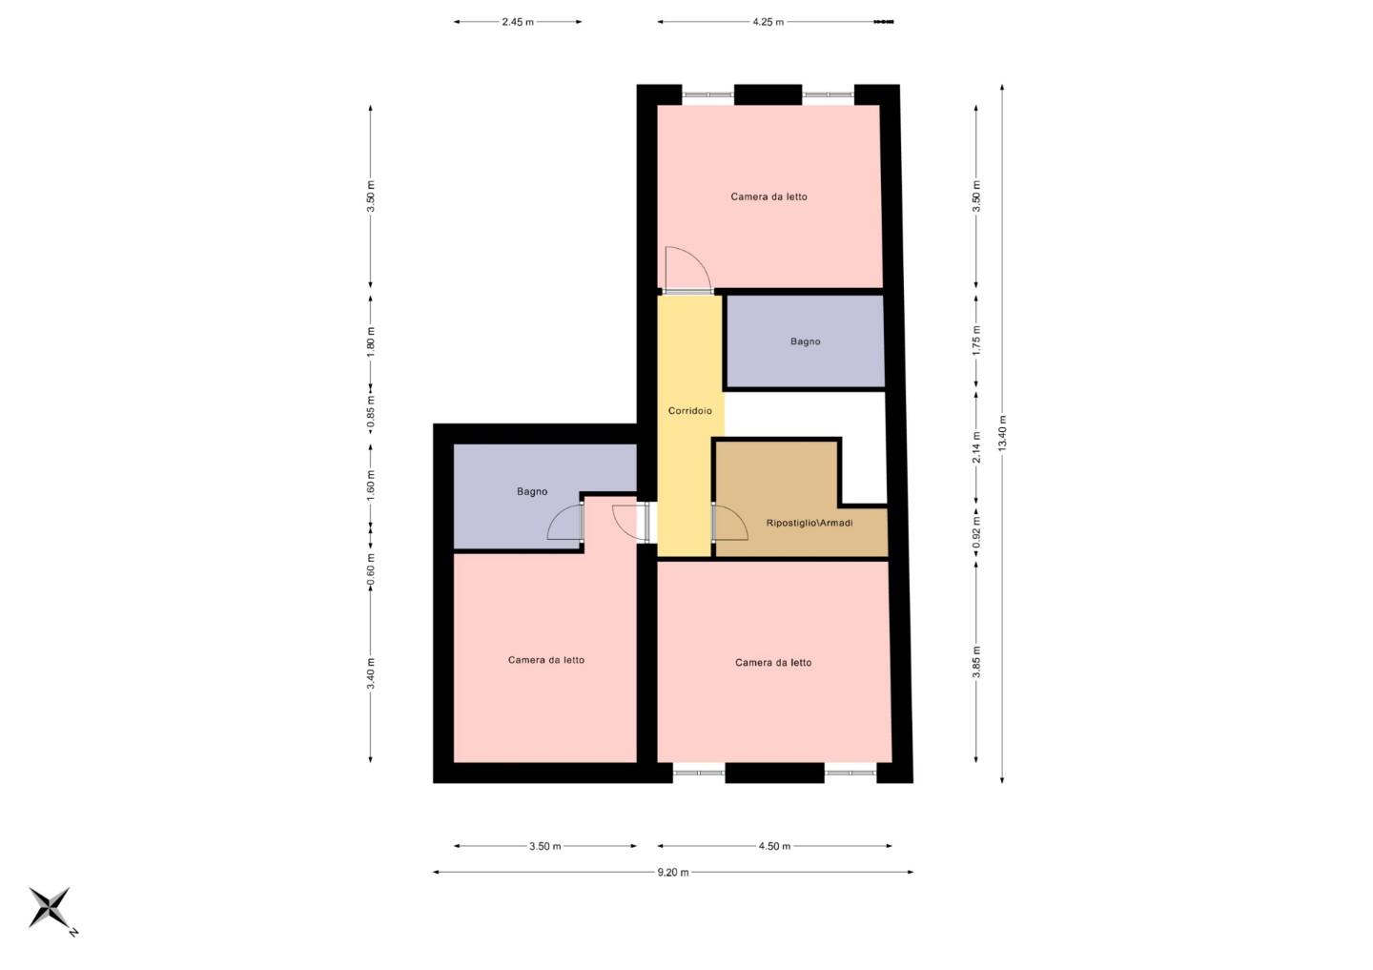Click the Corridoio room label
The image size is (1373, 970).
point(689,411)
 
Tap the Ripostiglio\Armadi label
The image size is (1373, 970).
point(809,523)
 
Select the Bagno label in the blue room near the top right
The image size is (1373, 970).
point(805,341)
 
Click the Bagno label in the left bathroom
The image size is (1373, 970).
point(532,492)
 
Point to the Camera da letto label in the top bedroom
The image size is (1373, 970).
point(768,197)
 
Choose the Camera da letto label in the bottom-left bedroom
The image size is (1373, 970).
point(546,660)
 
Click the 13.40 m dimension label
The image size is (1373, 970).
point(1002,434)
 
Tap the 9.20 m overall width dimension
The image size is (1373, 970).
point(672,872)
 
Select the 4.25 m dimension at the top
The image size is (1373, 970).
point(768,22)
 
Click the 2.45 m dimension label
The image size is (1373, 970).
point(518,22)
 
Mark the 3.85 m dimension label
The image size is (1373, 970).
point(976,662)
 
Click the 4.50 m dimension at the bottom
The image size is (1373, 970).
point(774,846)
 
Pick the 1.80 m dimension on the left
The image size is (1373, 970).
point(371,341)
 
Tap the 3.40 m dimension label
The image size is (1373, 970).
point(371,673)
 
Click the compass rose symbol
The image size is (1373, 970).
point(51,908)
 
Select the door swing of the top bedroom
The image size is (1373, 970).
point(686,268)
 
